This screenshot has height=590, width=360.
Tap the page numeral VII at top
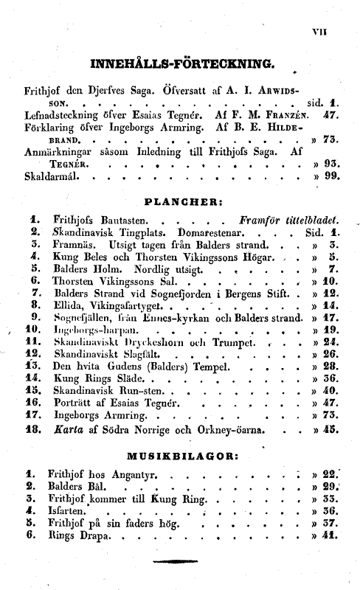[340, 30]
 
